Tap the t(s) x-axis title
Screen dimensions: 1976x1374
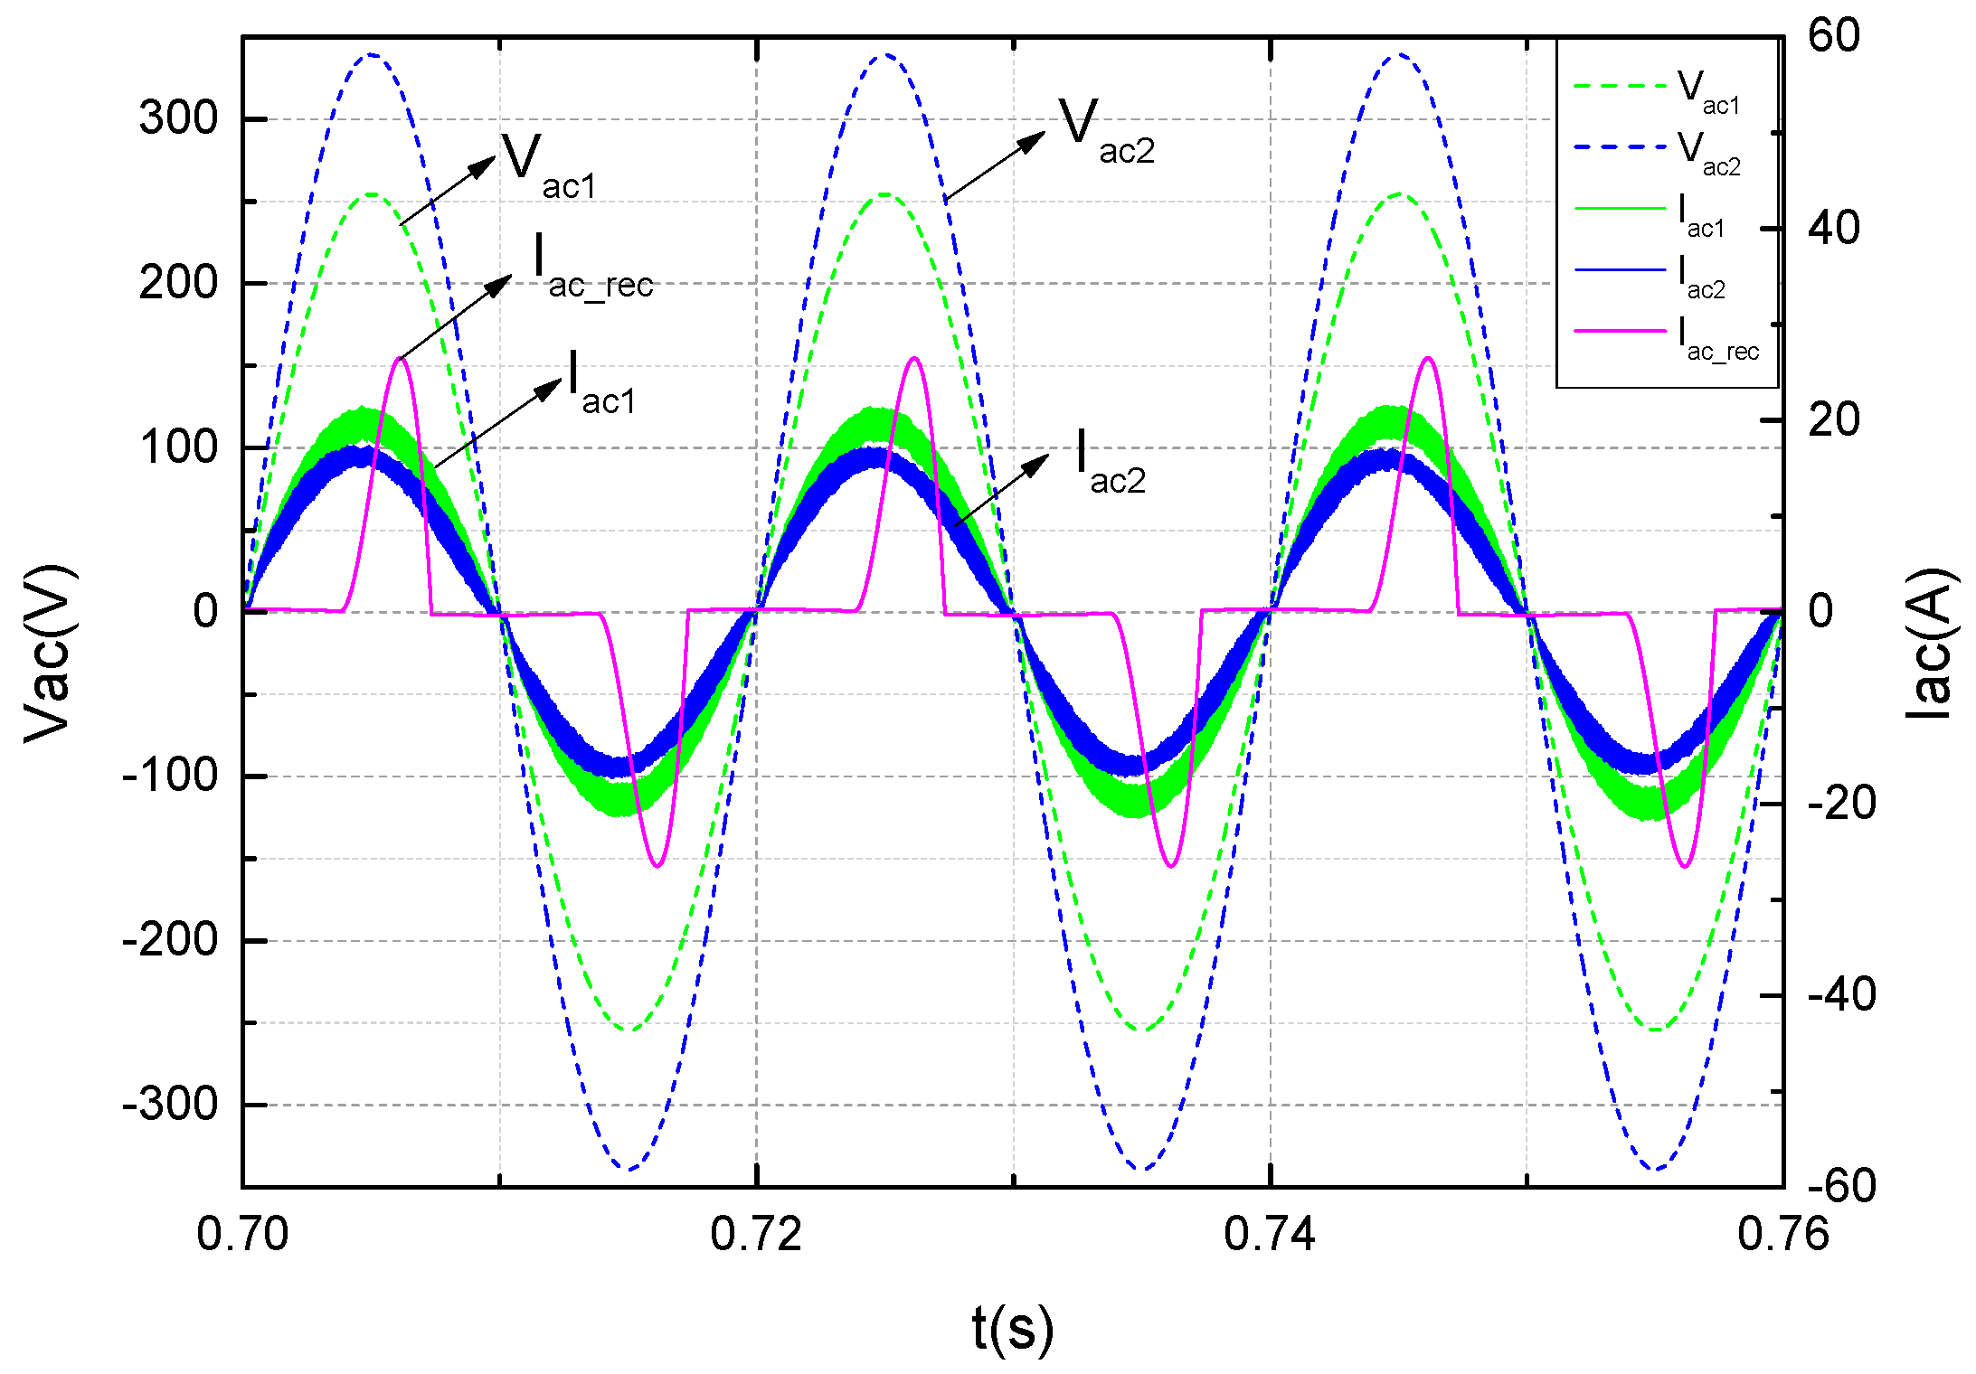1013,1329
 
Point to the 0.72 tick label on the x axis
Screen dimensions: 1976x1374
756,1234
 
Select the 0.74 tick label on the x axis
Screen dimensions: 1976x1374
1270,1234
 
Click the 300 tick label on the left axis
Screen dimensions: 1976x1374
178,118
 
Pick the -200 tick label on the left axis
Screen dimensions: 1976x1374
170,940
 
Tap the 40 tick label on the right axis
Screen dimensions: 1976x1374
1834,228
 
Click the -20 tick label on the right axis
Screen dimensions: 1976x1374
1841,803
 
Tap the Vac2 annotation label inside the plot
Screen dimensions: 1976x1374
1107,131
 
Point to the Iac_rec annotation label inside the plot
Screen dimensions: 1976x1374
593,265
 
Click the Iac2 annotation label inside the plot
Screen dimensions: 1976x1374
1111,461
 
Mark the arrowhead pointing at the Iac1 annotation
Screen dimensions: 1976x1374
548,390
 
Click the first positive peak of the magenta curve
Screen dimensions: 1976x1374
401,359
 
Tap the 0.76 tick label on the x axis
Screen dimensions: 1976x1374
1783,1234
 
